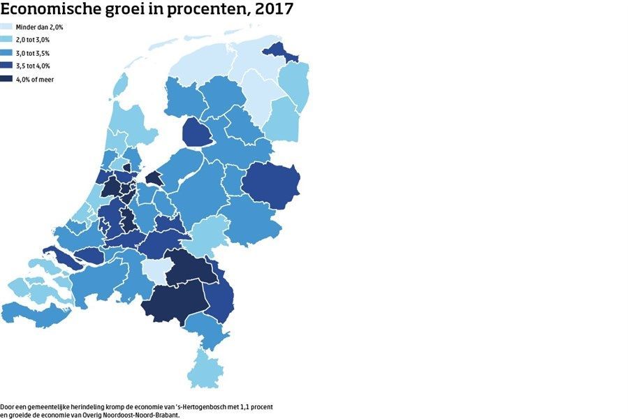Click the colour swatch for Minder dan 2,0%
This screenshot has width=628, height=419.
[x=10, y=27]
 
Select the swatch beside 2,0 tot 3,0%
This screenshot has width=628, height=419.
[x=10, y=40]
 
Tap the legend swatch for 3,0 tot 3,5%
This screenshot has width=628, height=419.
[x=10, y=53]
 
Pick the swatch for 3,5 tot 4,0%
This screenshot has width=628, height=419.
[x=10, y=66]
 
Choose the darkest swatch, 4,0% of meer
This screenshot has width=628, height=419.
[x=10, y=80]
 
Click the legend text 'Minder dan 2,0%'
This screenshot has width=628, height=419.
[x=45, y=27]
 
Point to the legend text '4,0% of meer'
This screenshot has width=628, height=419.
[x=40, y=80]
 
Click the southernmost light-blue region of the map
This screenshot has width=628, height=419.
[x=208, y=369]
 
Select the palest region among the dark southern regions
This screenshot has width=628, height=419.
[x=153, y=270]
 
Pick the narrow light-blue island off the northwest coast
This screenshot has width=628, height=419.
[x=120, y=88]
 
